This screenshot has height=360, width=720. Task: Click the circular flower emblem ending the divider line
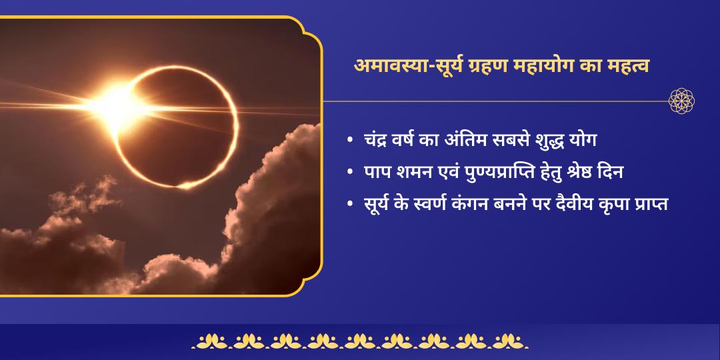coord(682,101)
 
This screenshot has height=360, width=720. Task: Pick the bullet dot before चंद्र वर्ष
coord(350,142)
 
